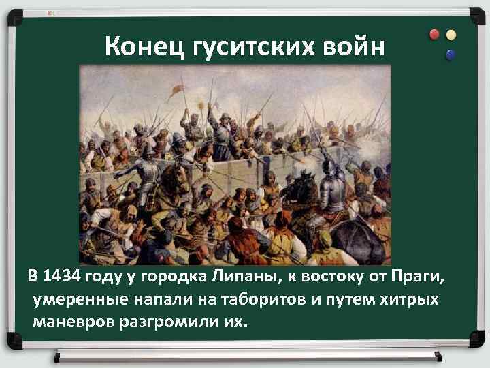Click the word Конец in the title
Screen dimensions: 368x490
click(x=135, y=47)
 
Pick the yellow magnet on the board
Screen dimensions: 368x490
click(x=451, y=34)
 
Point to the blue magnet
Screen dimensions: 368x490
click(x=450, y=52)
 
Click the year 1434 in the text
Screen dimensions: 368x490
click(x=59, y=277)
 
